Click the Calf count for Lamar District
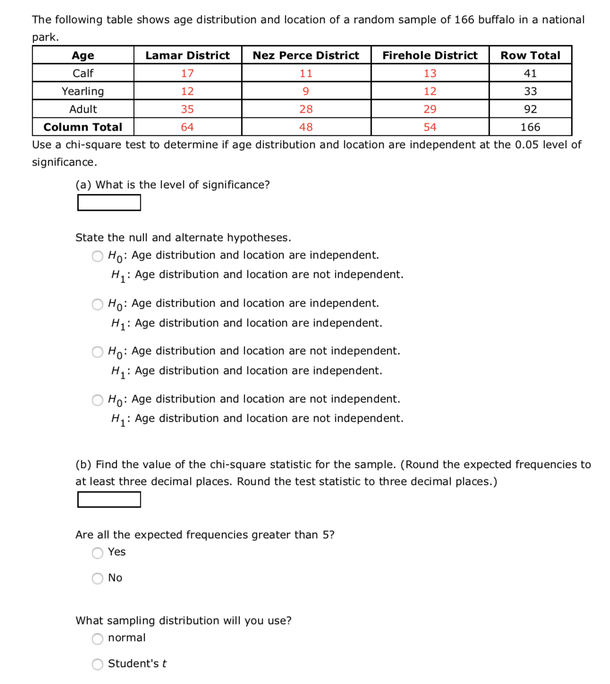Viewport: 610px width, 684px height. click(x=187, y=73)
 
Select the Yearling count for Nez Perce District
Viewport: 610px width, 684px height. click(x=306, y=91)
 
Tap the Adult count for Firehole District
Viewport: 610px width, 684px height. click(x=430, y=109)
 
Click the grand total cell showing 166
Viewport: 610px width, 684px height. click(x=530, y=127)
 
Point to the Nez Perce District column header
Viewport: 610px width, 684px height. click(x=306, y=55)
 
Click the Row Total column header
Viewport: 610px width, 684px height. click(x=530, y=55)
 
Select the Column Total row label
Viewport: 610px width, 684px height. click(x=83, y=127)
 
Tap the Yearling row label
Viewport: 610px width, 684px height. click(x=83, y=91)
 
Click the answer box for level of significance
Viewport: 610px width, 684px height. click(x=109, y=203)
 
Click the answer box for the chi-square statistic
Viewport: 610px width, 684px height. click(x=109, y=500)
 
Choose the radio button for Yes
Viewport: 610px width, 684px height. click(x=98, y=553)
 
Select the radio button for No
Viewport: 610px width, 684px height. click(x=98, y=578)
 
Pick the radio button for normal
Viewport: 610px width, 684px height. click(x=98, y=639)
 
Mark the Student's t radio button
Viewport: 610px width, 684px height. click(x=98, y=664)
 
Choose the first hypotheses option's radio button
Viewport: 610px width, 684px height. click(x=98, y=256)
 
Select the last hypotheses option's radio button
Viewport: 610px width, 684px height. click(x=98, y=400)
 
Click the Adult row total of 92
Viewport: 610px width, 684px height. click(x=530, y=109)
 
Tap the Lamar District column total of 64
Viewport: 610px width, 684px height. click(x=187, y=127)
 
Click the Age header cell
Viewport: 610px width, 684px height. click(x=83, y=55)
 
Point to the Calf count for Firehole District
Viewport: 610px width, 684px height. click(x=430, y=73)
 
